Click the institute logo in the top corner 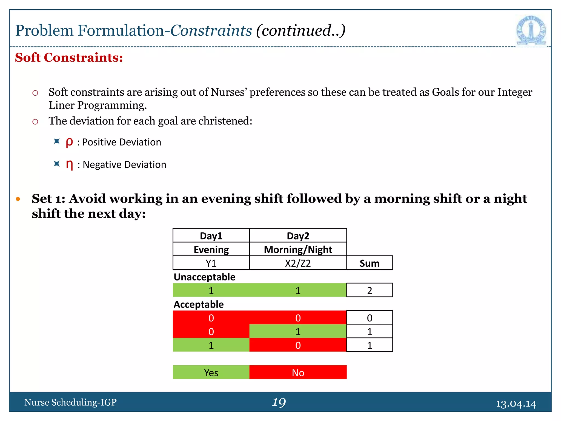point(531,30)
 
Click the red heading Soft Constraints point(69,58)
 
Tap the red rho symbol point(69,142)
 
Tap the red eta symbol point(70,164)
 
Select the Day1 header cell point(211,236)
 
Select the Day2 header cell point(298,236)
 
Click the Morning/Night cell point(298,249)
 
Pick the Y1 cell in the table point(211,263)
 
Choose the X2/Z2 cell point(298,263)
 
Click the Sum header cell point(369,263)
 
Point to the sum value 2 point(369,290)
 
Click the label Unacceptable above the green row point(204,277)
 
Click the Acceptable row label point(199,304)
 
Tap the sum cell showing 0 point(369,318)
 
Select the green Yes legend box point(211,372)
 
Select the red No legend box point(298,372)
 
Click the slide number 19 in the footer point(279,402)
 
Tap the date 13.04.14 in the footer point(516,403)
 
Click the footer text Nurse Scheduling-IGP point(70,402)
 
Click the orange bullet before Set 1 point(18,199)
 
